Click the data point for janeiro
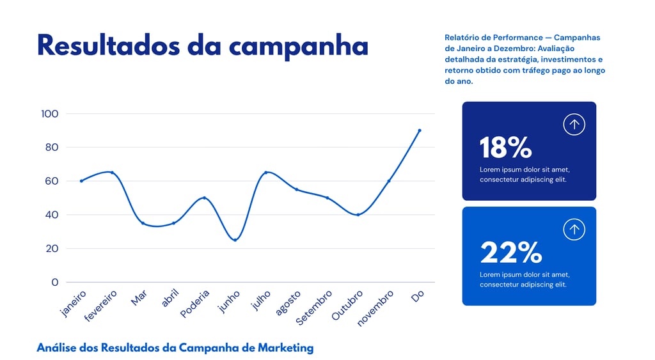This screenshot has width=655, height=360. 81,181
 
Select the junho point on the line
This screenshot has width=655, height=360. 235,240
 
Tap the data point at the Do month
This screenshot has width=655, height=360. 420,130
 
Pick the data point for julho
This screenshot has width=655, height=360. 266,173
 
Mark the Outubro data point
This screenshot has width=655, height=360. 358,215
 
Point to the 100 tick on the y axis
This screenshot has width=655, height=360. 49,114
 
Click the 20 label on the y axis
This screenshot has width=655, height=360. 51,248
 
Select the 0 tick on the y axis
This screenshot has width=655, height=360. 54,282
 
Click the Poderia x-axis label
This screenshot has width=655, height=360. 195,304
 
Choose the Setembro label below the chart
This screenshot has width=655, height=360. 314,307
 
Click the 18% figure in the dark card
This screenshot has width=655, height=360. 505,148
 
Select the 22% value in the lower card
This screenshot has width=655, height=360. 510,253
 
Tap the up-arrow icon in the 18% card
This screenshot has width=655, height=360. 574,124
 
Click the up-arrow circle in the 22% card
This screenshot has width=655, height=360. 574,230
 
